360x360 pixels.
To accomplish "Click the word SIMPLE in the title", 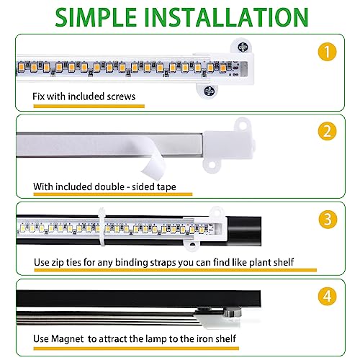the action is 96,17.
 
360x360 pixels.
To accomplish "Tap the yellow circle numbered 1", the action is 327,52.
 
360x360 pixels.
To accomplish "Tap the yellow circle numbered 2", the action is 328,131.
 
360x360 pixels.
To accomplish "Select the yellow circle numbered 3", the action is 328,220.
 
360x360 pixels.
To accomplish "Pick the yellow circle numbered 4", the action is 328,296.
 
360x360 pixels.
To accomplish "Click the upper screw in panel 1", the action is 242,47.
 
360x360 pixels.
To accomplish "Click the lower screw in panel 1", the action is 209,91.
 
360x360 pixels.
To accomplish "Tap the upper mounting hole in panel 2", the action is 243,125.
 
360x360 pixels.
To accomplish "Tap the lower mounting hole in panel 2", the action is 212,165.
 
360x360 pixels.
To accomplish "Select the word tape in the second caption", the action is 166,187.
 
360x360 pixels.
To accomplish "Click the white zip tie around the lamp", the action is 102,228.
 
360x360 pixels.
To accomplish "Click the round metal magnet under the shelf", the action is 233,312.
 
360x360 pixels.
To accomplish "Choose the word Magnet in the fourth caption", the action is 68,339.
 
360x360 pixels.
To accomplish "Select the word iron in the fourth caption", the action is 204,338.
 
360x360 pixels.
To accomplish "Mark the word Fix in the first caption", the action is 39,96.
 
